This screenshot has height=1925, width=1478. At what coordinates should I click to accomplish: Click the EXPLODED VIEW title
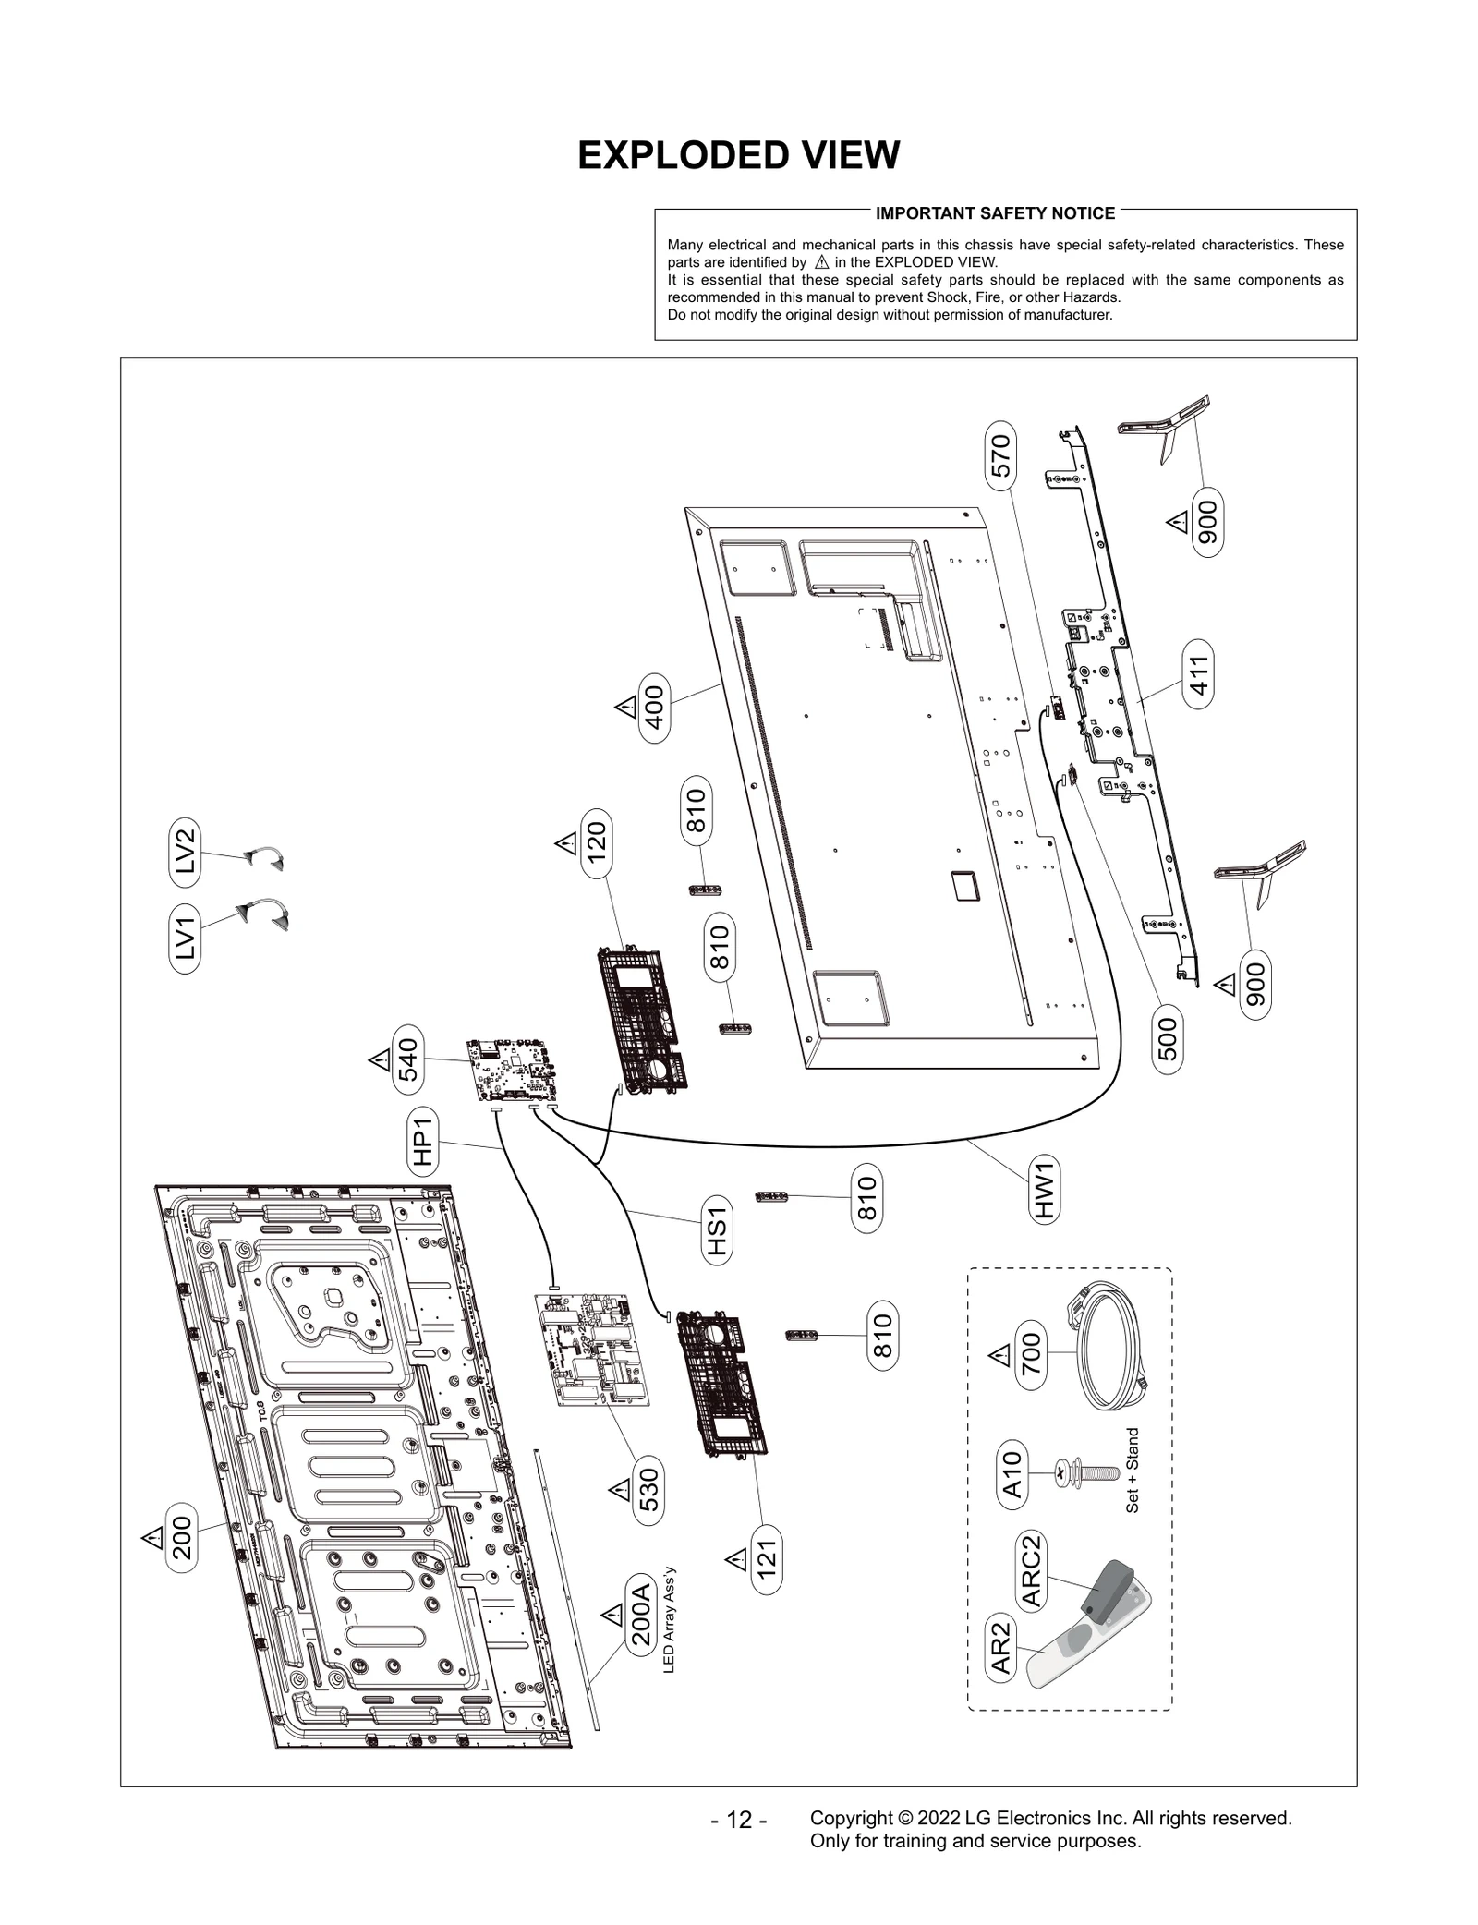738,155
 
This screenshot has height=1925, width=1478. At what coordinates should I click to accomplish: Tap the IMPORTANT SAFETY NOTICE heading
995,213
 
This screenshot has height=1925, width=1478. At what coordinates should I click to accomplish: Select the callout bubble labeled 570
1000,455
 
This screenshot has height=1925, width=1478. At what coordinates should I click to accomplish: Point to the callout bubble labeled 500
1168,1038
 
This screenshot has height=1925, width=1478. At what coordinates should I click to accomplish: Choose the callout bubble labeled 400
655,708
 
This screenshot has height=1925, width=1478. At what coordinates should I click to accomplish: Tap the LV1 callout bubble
186,938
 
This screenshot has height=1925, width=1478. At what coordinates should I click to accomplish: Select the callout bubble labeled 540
408,1059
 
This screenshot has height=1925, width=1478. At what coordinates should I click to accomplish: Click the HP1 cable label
423,1141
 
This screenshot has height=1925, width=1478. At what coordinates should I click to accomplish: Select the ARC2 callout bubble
1032,1570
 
